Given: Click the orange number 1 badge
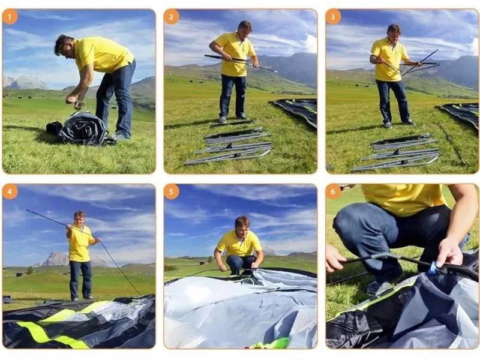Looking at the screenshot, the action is [10, 17].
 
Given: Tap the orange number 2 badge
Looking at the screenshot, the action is [171, 17].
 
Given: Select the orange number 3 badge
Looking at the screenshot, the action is [333, 17].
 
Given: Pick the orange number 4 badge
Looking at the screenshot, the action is [10, 192].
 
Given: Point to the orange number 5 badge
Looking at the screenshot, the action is [171, 192].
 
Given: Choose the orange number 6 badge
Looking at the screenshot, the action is [333, 192].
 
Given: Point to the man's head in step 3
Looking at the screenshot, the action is [394, 32].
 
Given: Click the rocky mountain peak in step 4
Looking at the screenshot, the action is [56, 259].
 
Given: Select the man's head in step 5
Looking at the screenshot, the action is [242, 226].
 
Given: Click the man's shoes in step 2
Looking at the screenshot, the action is [233, 118].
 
